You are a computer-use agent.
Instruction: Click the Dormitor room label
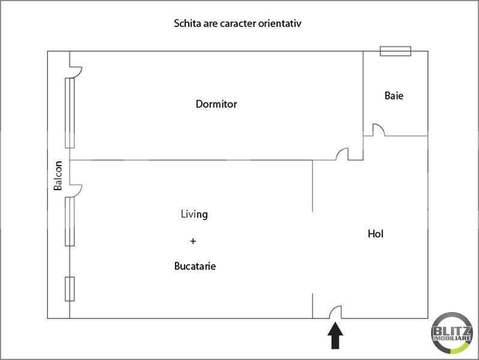click(216, 104)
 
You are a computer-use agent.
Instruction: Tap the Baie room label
click(394, 95)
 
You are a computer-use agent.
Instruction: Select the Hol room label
click(375, 234)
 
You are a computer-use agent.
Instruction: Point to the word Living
click(194, 214)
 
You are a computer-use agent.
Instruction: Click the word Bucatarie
click(194, 266)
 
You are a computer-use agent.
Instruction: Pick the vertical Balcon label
click(58, 176)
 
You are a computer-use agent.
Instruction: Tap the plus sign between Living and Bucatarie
click(192, 241)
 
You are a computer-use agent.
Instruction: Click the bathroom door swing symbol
click(378, 130)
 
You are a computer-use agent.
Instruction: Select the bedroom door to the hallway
click(342, 155)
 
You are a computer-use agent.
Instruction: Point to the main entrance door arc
click(335, 312)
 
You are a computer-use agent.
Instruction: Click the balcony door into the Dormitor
click(76, 72)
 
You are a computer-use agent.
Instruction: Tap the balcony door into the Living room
click(76, 190)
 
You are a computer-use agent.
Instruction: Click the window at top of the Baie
click(396, 51)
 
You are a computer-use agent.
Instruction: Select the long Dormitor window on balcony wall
click(70, 113)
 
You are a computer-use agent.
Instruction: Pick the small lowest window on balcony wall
click(70, 289)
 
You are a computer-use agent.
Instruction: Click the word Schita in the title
click(186, 24)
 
